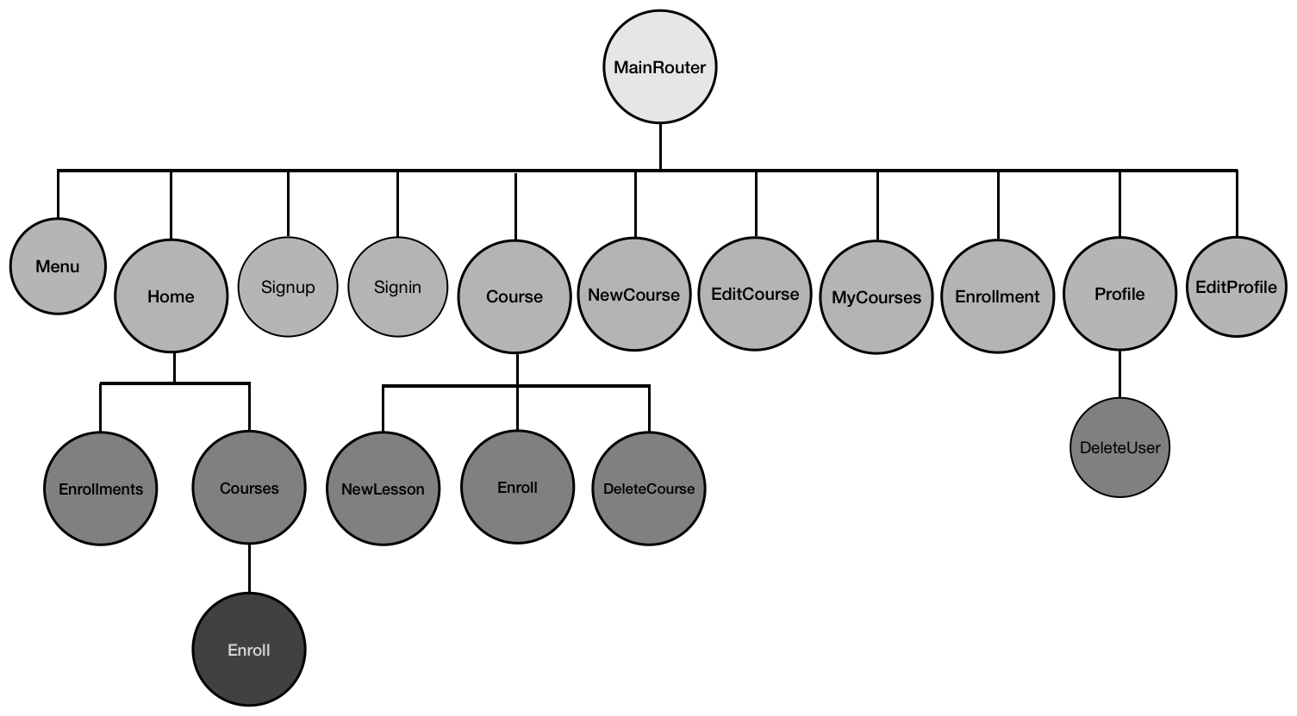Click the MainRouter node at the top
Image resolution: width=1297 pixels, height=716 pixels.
(660, 68)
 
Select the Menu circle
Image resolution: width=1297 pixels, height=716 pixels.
(58, 266)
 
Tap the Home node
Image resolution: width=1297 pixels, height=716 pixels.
(171, 296)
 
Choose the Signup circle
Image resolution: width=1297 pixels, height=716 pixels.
(288, 287)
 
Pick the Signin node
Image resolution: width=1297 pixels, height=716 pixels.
(397, 287)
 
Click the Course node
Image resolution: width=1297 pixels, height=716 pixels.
(514, 296)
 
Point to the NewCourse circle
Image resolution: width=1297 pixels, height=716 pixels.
(633, 295)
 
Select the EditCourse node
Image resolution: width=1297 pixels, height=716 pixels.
(755, 294)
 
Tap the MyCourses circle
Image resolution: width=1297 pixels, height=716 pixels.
(876, 297)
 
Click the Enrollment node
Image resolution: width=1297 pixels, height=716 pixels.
(997, 296)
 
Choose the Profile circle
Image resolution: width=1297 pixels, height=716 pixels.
(1119, 294)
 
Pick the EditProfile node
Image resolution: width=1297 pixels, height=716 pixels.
(1236, 287)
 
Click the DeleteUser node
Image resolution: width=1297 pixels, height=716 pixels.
(1119, 447)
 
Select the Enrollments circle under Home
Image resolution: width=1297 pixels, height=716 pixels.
(101, 489)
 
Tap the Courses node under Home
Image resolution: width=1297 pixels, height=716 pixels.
(249, 489)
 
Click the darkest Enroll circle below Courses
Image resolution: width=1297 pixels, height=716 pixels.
(249, 650)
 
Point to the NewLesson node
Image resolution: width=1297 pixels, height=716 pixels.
(383, 489)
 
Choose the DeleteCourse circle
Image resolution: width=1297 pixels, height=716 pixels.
(649, 489)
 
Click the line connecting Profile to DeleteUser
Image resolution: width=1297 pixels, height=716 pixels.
(1119, 374)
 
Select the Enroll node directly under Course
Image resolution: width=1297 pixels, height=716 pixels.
(517, 488)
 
